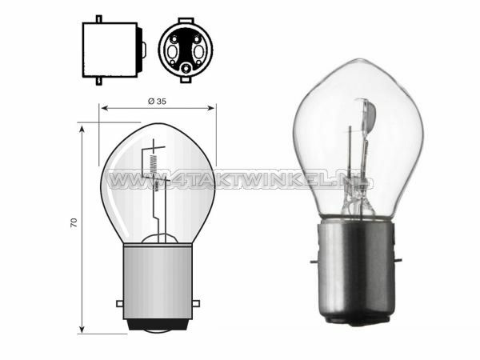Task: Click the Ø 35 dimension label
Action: [157, 102]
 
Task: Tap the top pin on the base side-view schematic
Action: [98, 18]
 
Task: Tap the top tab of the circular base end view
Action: [186, 17]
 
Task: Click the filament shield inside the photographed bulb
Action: [365, 120]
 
